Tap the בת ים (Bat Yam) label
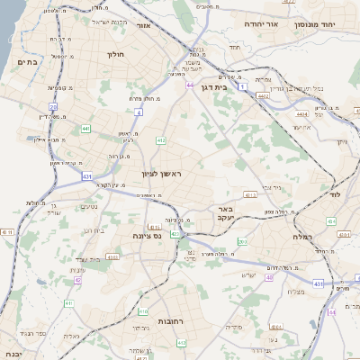pos(27,62)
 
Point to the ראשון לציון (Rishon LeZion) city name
pos(161,172)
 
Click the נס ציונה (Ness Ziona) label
pos(146,235)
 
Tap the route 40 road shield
pos(269,277)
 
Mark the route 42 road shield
pos(77,280)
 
